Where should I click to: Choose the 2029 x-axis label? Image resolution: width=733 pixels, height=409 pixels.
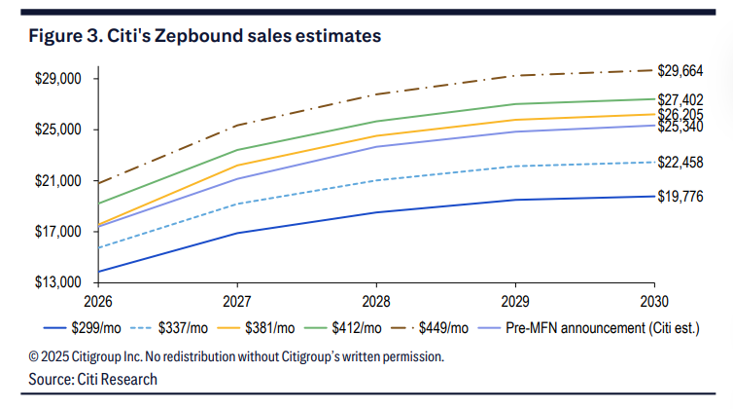[x=515, y=301]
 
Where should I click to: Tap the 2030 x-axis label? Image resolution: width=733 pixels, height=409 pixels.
[x=654, y=301]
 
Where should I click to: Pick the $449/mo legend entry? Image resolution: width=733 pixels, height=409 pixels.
[x=446, y=328]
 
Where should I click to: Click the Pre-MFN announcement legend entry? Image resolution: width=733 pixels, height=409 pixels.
[x=603, y=328]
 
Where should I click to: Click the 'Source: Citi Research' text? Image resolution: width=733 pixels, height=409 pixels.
[x=93, y=379]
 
